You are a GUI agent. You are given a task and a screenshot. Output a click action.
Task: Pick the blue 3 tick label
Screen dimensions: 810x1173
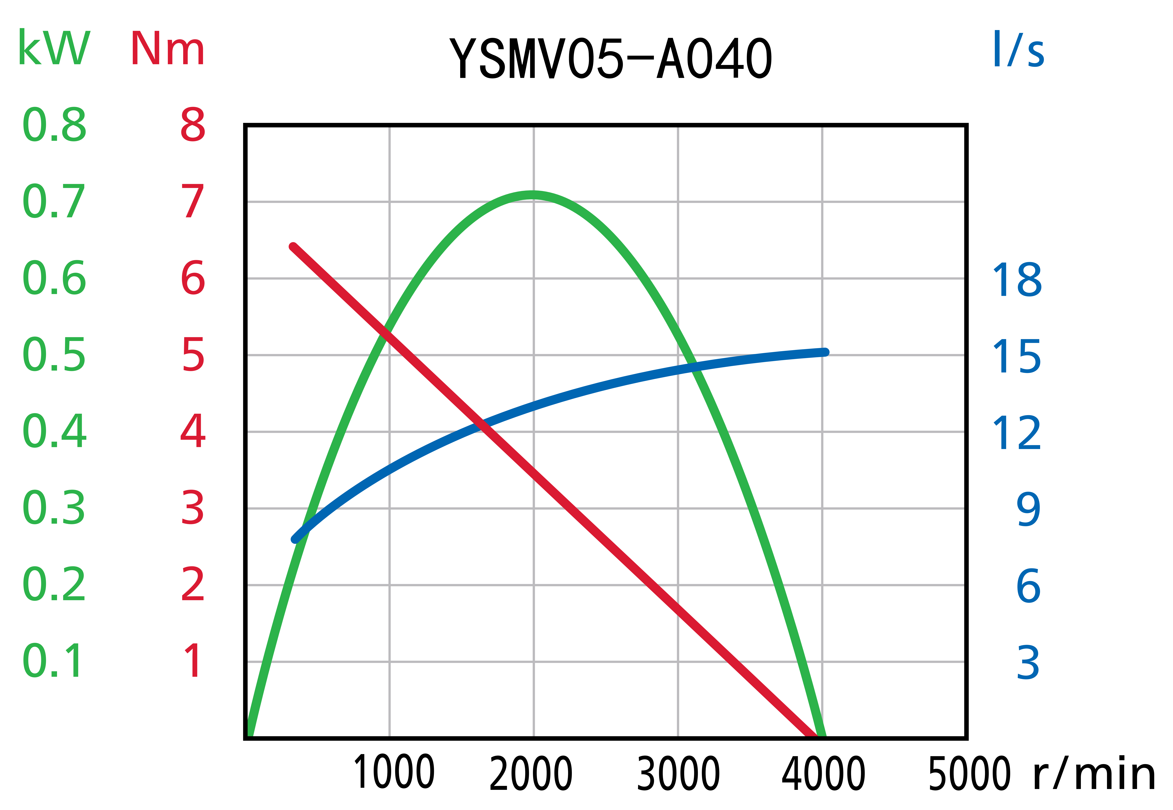pyautogui.click(x=1028, y=663)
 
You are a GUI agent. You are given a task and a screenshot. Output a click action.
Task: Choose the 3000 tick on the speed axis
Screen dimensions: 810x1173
pyautogui.click(x=678, y=773)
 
